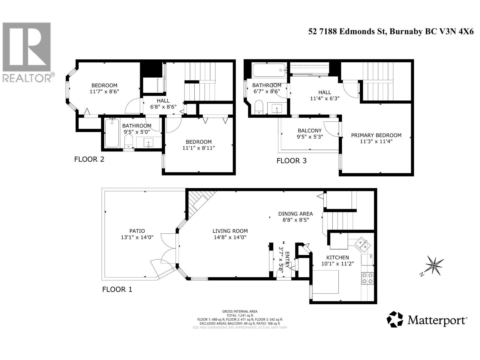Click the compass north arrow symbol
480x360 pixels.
pyautogui.click(x=433, y=266)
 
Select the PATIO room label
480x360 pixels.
pyautogui.click(x=137, y=231)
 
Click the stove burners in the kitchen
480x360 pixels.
pyautogui.click(x=367, y=278)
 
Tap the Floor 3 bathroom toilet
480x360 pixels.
pyautogui.click(x=259, y=107)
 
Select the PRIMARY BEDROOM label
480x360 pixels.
pyautogui.click(x=376, y=135)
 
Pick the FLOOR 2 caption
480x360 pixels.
pyautogui.click(x=89, y=159)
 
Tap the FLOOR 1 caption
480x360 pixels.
pyautogui.click(x=117, y=289)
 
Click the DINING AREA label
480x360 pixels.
pyautogui.click(x=295, y=214)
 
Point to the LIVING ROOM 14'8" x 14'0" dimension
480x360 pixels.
pyautogui.click(x=230, y=237)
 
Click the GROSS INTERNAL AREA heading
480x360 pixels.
pyautogui.click(x=240, y=311)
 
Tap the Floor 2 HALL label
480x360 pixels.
pyautogui.click(x=163, y=101)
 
